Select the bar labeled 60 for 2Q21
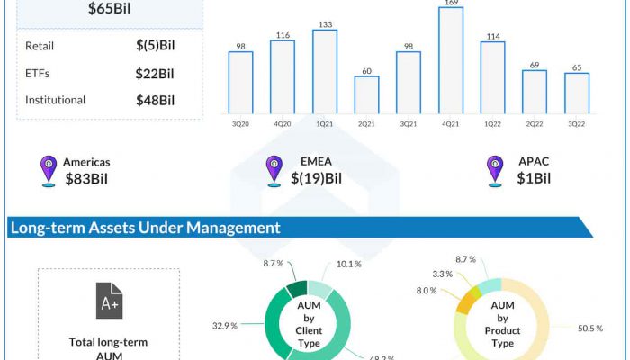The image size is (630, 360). pyautogui.click(x=366, y=94)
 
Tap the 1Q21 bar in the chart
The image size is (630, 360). pyautogui.click(x=325, y=71)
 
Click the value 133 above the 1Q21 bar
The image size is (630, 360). pyautogui.click(x=325, y=23)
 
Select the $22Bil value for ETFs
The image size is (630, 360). pyautogui.click(x=155, y=73)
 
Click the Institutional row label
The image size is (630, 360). pyautogui.click(x=56, y=100)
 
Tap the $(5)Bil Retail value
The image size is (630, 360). pyautogui.click(x=155, y=46)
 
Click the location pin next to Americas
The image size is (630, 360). pyautogui.click(x=49, y=170)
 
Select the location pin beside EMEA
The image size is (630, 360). pyautogui.click(x=274, y=170)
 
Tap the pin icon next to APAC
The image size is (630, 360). pyautogui.click(x=494, y=170)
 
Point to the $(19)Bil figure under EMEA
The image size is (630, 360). pyautogui.click(x=316, y=178)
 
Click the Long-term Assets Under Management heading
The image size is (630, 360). pyautogui.click(x=145, y=228)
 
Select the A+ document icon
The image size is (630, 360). pyautogui.click(x=109, y=301)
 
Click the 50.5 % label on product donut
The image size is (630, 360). pyautogui.click(x=589, y=328)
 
